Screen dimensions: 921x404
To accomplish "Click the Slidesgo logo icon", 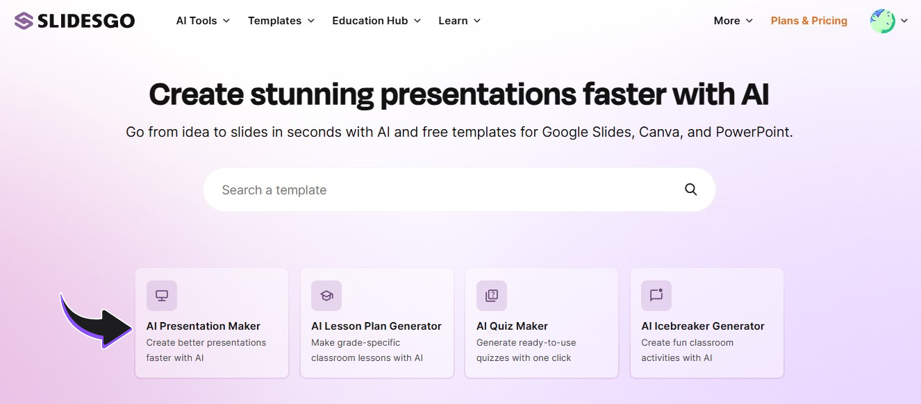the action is pyautogui.click(x=24, y=21).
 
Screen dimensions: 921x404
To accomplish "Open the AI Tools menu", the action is pyautogui.click(x=203, y=21).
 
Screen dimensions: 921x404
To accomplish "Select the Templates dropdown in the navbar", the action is pyautogui.click(x=281, y=21).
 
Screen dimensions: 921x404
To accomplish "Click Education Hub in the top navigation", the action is pyautogui.click(x=376, y=21).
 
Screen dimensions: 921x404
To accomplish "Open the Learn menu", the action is pyautogui.click(x=459, y=21).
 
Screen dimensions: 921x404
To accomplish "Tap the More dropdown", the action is pyautogui.click(x=733, y=21).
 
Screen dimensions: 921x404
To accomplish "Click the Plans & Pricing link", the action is pyautogui.click(x=808, y=21).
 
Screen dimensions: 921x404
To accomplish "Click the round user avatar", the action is pyautogui.click(x=882, y=21).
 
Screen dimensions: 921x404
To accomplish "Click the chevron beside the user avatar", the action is pyautogui.click(x=904, y=21).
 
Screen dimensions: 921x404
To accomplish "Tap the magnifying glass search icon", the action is pyautogui.click(x=690, y=190).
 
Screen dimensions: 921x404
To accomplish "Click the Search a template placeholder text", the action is pyautogui.click(x=274, y=190).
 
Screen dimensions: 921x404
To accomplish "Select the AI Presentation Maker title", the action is pyautogui.click(x=203, y=326).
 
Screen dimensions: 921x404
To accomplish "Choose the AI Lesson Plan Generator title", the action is pyautogui.click(x=376, y=326).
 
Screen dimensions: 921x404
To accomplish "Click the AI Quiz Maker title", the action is pyautogui.click(x=512, y=326).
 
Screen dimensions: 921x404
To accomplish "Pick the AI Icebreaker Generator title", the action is pyautogui.click(x=703, y=326).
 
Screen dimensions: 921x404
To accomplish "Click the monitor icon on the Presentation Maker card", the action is pyautogui.click(x=162, y=296).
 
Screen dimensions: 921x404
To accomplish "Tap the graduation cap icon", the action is pyautogui.click(x=326, y=296).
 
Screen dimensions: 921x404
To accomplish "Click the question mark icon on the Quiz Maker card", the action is pyautogui.click(x=492, y=296).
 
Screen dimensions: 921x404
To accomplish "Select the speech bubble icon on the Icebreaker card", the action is pyautogui.click(x=656, y=296).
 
